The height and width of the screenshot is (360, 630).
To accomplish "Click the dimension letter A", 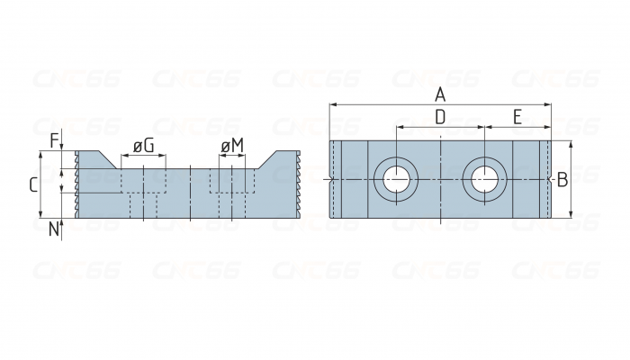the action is [440, 95].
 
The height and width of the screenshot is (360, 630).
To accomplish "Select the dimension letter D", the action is [440, 117].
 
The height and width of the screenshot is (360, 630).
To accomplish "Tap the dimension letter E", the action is [517, 117].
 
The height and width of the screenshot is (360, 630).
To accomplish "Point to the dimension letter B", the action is [562, 180].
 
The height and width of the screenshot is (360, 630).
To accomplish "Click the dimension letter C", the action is [34, 184].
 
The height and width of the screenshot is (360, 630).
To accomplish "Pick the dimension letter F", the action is [54, 141].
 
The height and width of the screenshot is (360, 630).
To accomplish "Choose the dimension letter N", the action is [54, 229].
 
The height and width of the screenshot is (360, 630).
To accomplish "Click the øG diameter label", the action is [144, 146].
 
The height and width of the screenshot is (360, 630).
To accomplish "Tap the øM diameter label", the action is [232, 146].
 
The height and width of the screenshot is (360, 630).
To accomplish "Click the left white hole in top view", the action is [396, 179].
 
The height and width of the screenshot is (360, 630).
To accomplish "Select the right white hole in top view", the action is [484, 179].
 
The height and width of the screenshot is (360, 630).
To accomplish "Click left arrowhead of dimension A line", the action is [333, 105].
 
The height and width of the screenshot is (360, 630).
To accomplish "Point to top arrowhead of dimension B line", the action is [571, 144].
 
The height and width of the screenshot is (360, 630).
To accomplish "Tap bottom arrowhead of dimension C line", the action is [40, 214].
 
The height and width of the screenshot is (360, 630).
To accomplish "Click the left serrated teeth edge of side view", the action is [76, 184].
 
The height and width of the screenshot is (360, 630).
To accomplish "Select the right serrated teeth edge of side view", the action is [298, 184].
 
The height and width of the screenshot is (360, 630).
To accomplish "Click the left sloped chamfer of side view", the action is [108, 160].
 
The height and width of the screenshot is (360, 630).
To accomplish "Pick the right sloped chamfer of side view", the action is [267, 160].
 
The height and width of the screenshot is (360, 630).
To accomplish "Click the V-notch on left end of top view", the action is [330, 179].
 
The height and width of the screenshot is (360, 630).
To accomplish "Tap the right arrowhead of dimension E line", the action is [547, 128].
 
